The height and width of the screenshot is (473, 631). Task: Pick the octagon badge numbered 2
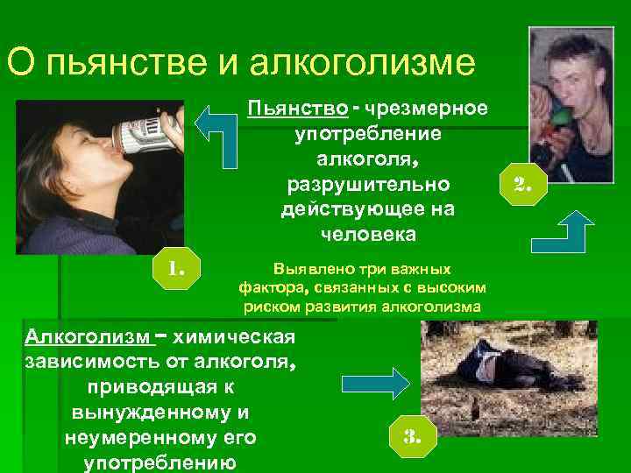[523, 184]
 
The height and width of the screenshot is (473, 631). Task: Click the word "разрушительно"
[367, 185]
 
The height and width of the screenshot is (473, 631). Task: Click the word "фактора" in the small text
[268, 287]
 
